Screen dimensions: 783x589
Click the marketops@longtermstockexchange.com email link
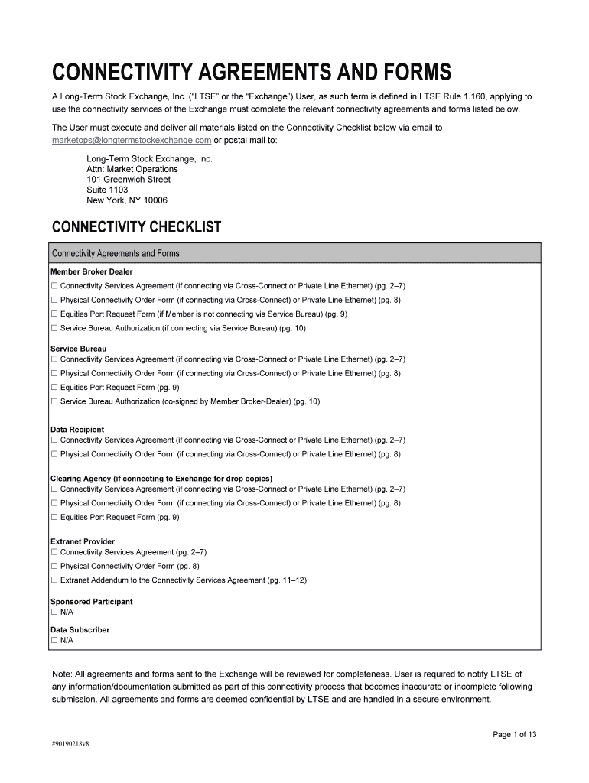[131, 141]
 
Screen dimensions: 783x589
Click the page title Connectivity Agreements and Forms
[251, 73]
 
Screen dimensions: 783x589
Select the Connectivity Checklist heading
[135, 227]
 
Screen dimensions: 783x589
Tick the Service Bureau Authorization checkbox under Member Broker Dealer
[54, 328]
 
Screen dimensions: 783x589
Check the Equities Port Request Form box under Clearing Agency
[54, 518]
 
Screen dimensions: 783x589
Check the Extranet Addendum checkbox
[54, 580]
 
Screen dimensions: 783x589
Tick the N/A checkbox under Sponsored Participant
[54, 612]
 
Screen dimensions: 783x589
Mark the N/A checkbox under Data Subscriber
[54, 640]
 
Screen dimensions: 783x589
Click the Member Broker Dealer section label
[91, 271]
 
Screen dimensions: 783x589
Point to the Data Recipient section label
[77, 430]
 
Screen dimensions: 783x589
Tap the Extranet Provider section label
[83, 541]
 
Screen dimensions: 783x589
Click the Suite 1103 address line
[107, 190]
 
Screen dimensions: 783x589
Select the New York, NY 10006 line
[127, 200]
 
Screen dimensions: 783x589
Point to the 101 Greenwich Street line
[129, 180]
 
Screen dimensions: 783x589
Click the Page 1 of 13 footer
[514, 735]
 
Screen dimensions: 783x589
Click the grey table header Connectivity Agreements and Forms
[116, 253]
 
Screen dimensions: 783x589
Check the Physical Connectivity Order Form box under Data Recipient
[54, 454]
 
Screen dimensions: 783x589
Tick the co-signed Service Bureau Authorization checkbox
[54, 401]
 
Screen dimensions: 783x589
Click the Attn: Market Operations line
[132, 169]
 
